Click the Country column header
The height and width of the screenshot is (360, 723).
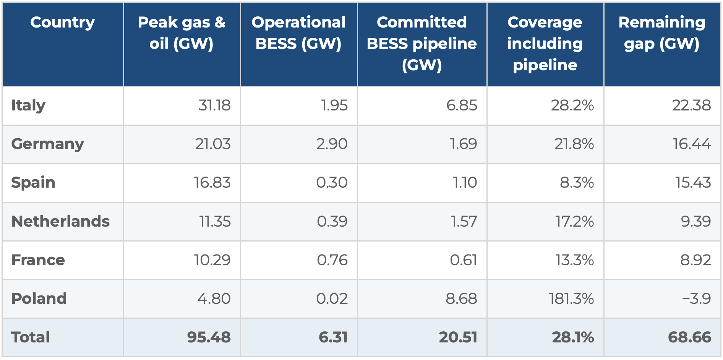click(63, 23)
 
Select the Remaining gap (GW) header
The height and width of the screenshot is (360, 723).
click(662, 33)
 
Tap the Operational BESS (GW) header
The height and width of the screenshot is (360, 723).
click(298, 33)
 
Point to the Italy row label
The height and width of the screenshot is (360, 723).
click(28, 105)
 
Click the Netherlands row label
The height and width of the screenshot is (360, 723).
click(60, 221)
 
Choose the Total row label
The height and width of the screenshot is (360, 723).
click(31, 337)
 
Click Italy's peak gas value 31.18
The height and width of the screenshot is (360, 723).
click(214, 105)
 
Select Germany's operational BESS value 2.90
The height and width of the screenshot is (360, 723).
click(332, 144)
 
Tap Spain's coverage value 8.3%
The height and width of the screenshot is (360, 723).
click(577, 183)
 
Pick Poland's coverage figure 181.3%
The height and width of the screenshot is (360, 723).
click(571, 298)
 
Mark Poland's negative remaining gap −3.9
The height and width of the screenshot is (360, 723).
click(696, 298)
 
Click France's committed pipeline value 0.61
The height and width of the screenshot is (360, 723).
click(463, 260)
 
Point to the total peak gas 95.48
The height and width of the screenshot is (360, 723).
click(209, 337)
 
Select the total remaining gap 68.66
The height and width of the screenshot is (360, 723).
click(689, 337)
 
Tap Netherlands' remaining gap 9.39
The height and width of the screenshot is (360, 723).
click(695, 221)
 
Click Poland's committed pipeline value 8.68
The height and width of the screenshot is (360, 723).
click(461, 298)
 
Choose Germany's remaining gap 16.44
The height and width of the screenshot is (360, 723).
click(692, 144)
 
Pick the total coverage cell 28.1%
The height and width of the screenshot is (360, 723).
click(573, 337)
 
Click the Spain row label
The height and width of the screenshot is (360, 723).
click(33, 183)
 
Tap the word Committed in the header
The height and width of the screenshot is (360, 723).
click(422, 22)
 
